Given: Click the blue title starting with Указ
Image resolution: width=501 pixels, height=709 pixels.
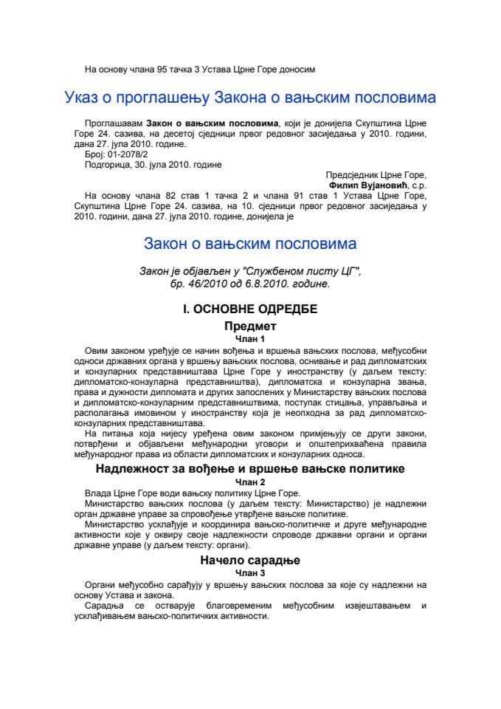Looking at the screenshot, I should [250, 97].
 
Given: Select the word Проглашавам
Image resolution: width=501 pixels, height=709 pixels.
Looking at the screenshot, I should [114, 121].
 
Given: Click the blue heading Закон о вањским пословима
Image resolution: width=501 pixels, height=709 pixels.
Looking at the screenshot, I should [250, 243].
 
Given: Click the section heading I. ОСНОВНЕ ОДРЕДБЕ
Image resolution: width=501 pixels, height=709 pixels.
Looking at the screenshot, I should [250, 309].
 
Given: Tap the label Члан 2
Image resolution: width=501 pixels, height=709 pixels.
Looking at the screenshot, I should [250, 480].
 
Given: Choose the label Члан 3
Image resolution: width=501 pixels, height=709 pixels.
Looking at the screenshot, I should [250, 572].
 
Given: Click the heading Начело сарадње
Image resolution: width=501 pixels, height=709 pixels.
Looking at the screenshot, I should [250, 561].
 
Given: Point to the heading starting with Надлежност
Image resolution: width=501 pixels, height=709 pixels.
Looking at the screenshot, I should [250, 468].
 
